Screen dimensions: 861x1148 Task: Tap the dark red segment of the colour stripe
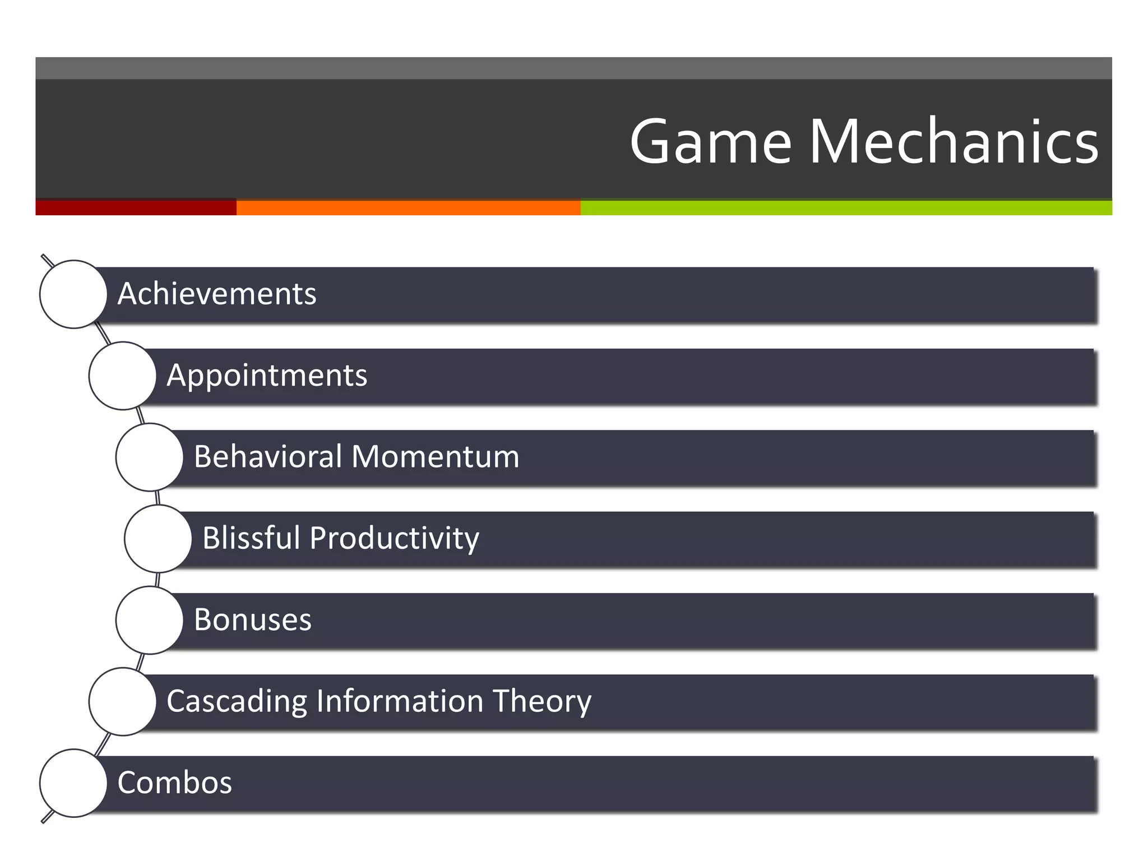point(136,207)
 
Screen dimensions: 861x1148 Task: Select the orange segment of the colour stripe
point(408,207)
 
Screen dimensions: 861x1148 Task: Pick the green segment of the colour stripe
point(846,207)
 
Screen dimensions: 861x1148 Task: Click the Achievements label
point(217,294)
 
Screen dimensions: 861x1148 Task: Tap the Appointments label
point(267,375)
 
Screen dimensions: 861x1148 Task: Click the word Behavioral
point(268,456)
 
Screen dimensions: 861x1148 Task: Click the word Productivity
point(394,538)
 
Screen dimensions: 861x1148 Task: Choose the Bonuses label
point(252,620)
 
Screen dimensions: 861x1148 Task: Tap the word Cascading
point(237,701)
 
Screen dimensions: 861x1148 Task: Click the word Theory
point(541,701)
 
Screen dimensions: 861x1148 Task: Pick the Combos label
point(174,783)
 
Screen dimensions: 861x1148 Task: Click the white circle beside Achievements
point(73,294)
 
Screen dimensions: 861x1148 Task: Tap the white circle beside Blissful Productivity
point(158,539)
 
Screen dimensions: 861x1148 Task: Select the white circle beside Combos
point(73,783)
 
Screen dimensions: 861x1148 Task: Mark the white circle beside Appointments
point(122,376)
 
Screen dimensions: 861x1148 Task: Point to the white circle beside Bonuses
point(149,621)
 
